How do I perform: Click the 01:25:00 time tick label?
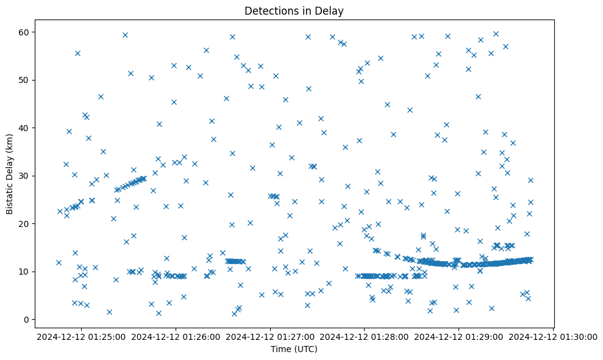click(x=82, y=336)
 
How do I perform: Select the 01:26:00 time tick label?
click(x=176, y=336)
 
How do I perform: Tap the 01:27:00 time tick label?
click(x=270, y=336)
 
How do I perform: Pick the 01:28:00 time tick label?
click(x=365, y=336)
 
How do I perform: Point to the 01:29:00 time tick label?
click(x=458, y=336)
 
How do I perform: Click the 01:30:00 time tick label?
click(x=553, y=336)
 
